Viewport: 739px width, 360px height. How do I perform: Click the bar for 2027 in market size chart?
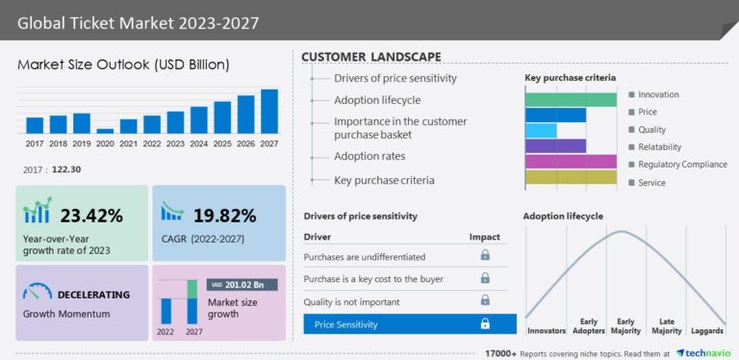point(269,111)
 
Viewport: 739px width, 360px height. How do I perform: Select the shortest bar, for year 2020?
point(105,130)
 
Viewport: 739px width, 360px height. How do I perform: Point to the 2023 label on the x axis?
point(175,143)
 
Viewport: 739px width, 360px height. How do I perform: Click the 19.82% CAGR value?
point(223,215)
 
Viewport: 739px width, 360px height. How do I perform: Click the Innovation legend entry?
point(658,94)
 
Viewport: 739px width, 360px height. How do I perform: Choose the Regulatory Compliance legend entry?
point(682,165)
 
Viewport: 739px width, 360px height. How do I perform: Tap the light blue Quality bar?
point(541,130)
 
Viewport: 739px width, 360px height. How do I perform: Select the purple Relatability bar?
point(555,146)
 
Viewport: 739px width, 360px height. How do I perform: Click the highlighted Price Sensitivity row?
point(410,324)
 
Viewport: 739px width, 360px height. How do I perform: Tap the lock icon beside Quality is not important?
point(485,301)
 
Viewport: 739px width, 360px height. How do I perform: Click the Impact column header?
point(484,236)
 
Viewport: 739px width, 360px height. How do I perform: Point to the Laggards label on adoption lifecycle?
point(707,330)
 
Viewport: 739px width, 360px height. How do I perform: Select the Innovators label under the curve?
point(546,330)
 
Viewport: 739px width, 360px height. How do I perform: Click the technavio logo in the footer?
point(705,352)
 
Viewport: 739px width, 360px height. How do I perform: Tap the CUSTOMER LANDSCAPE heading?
point(371,57)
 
